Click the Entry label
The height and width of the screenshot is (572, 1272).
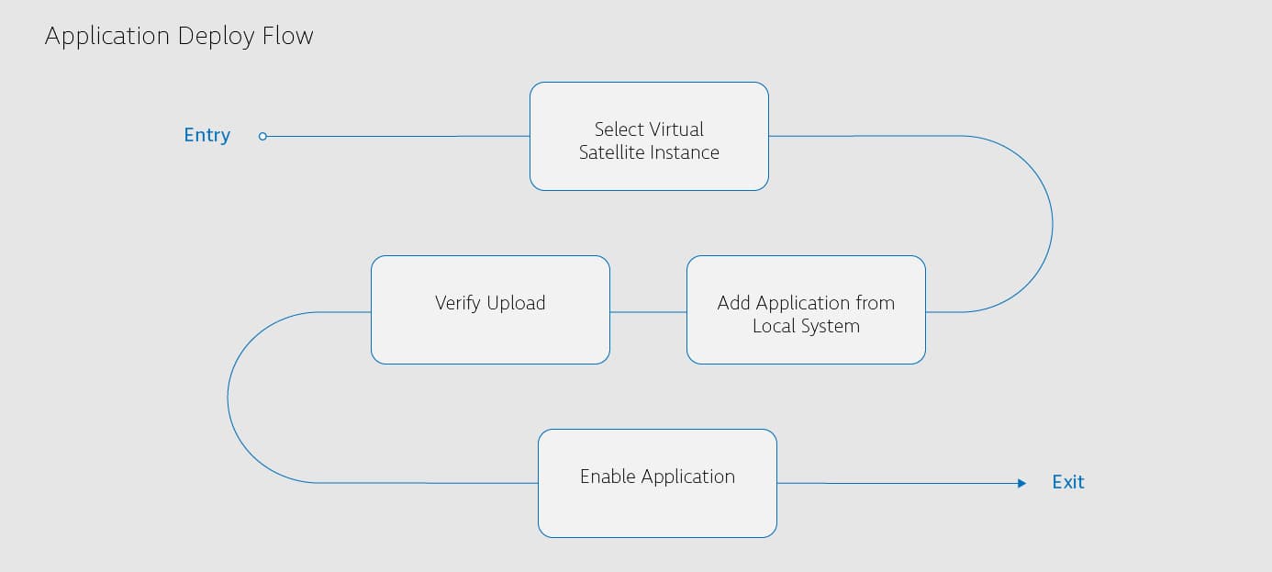(x=206, y=135)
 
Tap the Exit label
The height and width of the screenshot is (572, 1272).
(x=1067, y=482)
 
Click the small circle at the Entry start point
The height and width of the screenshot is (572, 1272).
(x=262, y=137)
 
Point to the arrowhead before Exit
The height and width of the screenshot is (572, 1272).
(x=1021, y=483)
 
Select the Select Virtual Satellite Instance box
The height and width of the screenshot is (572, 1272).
(x=649, y=137)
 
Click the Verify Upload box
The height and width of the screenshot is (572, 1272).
(x=490, y=309)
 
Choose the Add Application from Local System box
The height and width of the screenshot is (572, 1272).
(x=806, y=309)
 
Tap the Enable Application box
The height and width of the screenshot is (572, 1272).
(x=657, y=483)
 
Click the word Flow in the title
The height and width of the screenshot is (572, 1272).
(x=288, y=36)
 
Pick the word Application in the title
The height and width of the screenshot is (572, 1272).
(x=107, y=37)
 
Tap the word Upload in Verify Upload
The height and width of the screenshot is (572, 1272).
(x=516, y=303)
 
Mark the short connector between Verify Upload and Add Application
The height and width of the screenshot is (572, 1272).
(x=648, y=312)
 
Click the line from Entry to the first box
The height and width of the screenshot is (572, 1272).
(x=395, y=137)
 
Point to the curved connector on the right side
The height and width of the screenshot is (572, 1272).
(x=1052, y=224)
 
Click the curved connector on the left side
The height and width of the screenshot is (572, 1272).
(x=228, y=398)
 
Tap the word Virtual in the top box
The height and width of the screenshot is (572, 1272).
(x=675, y=129)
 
